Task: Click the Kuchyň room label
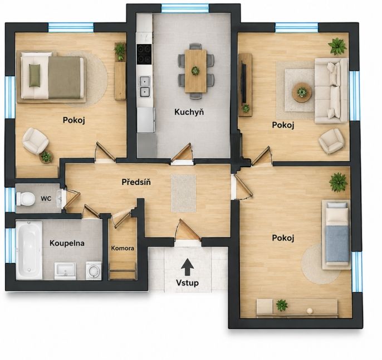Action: (x=189, y=112)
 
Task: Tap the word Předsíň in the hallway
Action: (x=136, y=182)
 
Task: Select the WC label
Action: (x=46, y=198)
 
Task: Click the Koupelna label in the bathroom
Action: (x=67, y=243)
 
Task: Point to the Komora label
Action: (x=123, y=248)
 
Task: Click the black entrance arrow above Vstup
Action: (x=187, y=267)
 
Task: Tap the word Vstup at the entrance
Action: (x=187, y=283)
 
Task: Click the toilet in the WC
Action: (x=25, y=199)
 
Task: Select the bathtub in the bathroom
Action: (x=29, y=250)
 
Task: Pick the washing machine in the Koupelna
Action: (x=94, y=270)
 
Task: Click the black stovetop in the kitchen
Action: (x=144, y=54)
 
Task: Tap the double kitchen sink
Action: (x=145, y=87)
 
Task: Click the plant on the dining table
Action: (x=195, y=71)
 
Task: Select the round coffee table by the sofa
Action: (x=302, y=93)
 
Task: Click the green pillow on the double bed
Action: (x=35, y=75)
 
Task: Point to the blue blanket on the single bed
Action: (x=337, y=244)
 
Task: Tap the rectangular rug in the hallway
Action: (x=183, y=193)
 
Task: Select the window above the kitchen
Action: (x=185, y=8)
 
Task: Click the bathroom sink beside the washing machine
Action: (x=65, y=271)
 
